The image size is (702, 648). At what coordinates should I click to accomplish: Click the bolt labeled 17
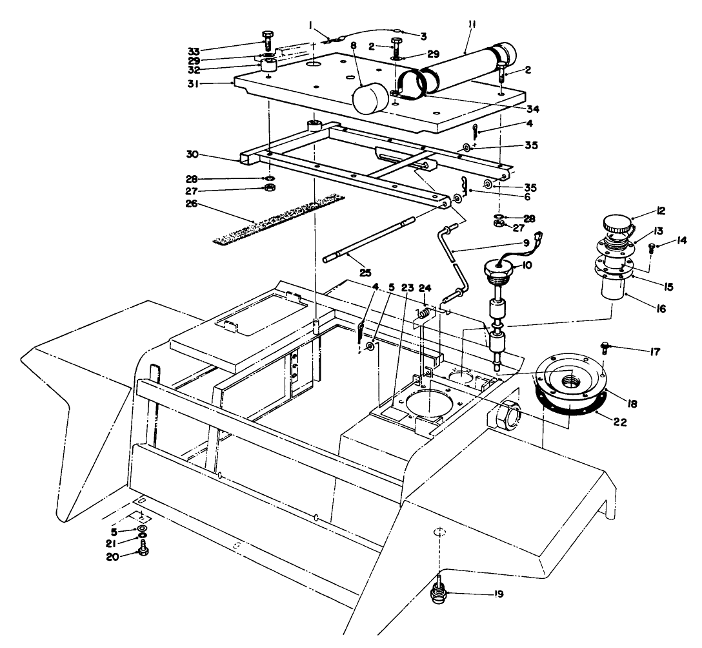[605, 348]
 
